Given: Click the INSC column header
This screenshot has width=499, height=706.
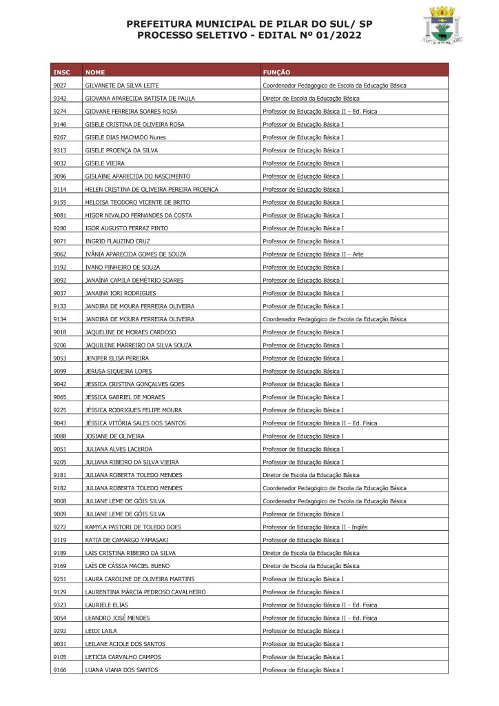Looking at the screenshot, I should [x=61, y=72].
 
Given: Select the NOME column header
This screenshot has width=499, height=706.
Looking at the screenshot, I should [x=95, y=72].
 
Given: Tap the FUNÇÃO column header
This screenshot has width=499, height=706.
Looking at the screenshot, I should [x=276, y=72].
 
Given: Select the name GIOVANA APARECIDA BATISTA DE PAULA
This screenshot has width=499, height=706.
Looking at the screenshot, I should [x=139, y=99].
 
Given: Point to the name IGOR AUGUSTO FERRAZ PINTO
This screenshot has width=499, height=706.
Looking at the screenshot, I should [x=126, y=228].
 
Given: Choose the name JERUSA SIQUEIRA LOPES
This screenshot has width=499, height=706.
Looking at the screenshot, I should [x=118, y=371].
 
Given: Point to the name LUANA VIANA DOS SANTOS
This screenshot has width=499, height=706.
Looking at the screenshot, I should [x=121, y=669].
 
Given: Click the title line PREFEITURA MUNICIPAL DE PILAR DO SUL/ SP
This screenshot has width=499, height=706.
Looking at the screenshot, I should [x=249, y=24].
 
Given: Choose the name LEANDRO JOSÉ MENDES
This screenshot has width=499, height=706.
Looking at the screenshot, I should [x=117, y=618].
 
